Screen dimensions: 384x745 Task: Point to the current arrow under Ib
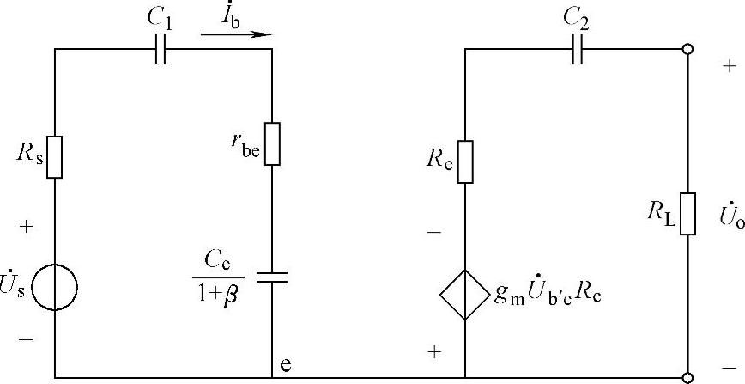point(235,35)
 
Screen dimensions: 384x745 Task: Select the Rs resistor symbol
point(55,157)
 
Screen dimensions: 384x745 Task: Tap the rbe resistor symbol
point(272,143)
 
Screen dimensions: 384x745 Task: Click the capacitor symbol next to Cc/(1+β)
point(272,277)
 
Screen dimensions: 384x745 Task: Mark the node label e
point(286,363)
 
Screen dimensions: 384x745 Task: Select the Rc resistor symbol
point(465,162)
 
